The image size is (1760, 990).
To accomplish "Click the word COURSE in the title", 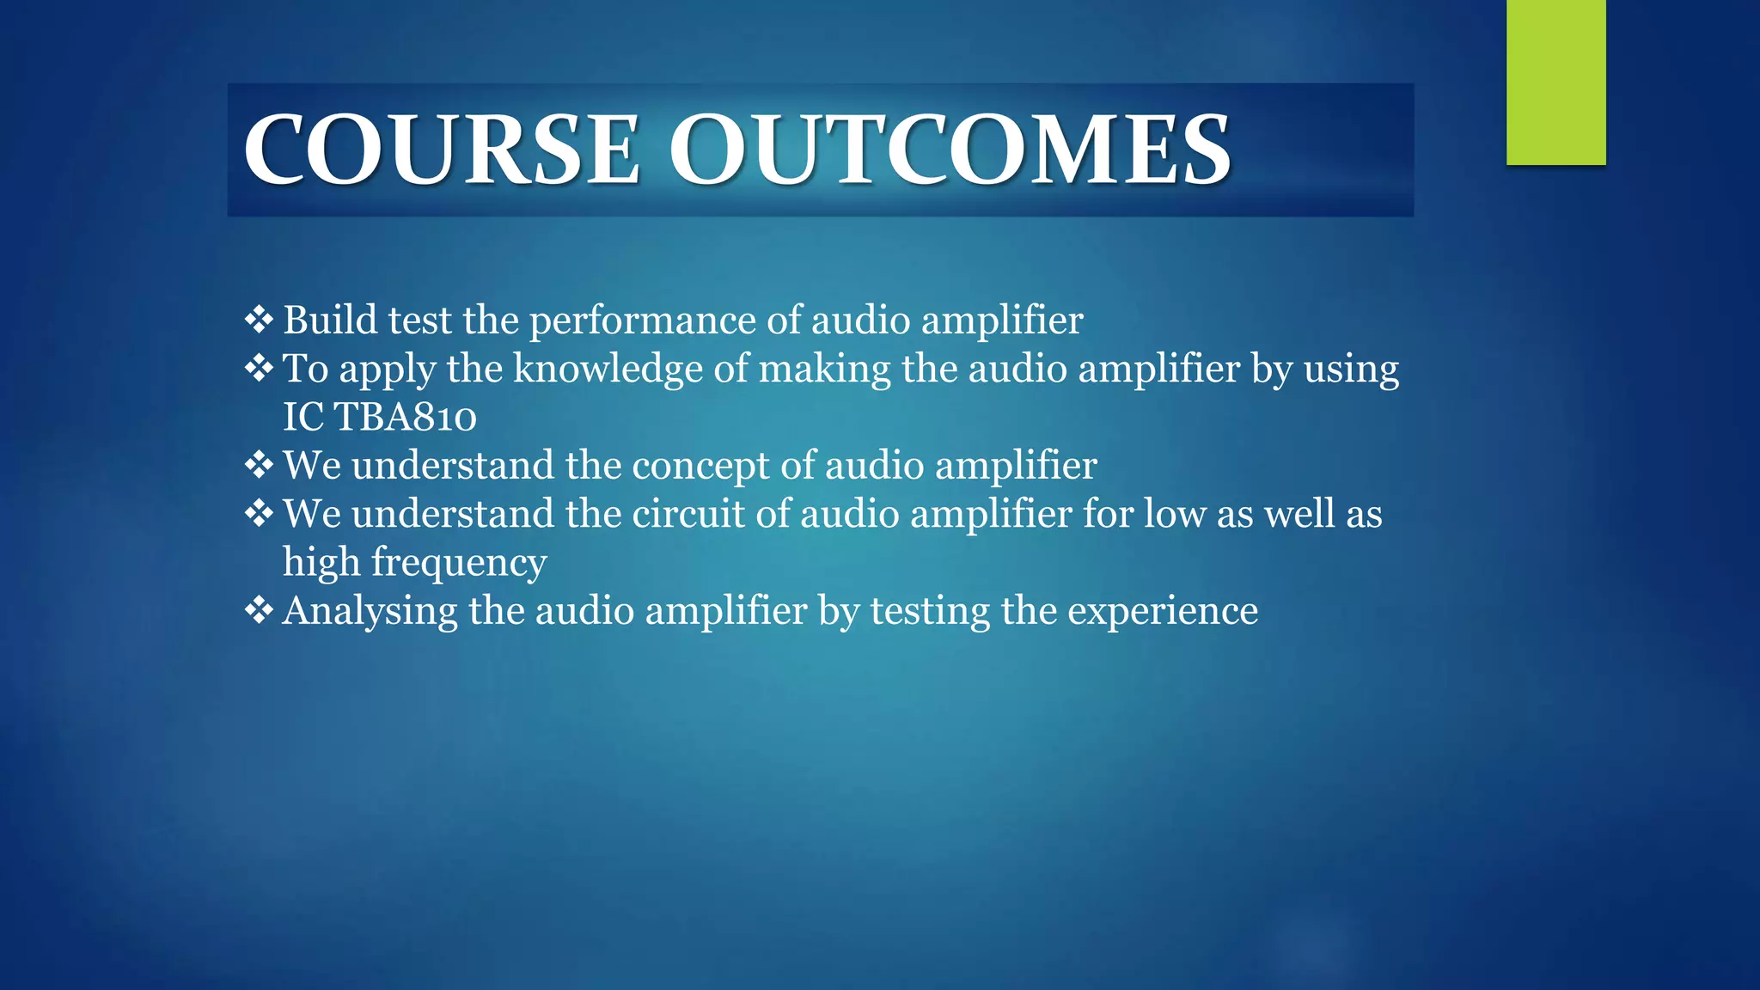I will click(442, 150).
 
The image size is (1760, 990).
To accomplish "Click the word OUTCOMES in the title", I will click(950, 150).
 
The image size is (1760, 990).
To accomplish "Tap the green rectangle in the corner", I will click(1555, 82).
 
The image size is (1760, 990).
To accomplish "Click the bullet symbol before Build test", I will click(258, 320).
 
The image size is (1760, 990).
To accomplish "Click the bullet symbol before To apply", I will click(258, 369).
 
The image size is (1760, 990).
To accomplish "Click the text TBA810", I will click(405, 418).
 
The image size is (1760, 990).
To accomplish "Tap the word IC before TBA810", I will click(303, 418).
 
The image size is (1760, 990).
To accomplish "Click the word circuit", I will click(688, 514).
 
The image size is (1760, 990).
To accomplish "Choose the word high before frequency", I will click(321, 563).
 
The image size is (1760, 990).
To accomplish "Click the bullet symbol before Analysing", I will click(258, 611).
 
